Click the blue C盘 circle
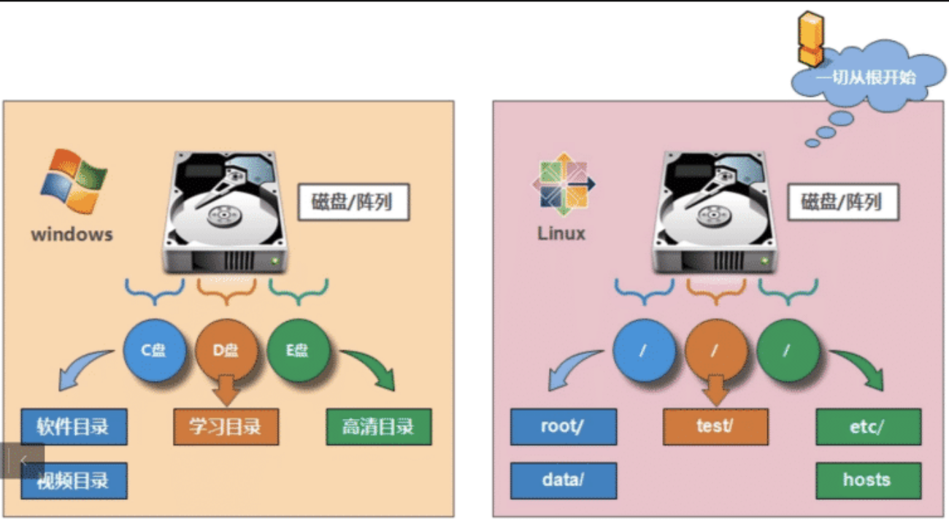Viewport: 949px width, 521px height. coord(154,351)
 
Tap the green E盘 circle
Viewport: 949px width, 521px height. coord(298,351)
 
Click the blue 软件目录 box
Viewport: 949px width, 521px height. coord(74,427)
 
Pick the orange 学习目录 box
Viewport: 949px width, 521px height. coord(226,427)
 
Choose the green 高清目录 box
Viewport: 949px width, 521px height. coord(378,427)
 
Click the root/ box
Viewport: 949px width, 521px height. coord(563,427)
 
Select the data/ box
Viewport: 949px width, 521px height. coord(563,480)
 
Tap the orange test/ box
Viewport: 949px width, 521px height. coord(715,427)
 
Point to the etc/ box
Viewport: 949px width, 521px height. coord(867,427)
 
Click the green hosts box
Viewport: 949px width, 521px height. coord(867,480)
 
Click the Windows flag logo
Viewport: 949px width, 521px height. coord(73,182)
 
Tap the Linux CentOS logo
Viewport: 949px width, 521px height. coord(563,184)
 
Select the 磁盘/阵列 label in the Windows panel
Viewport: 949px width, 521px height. coord(353,202)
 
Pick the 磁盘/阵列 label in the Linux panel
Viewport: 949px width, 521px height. coord(842,202)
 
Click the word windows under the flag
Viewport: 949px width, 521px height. coord(72,234)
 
